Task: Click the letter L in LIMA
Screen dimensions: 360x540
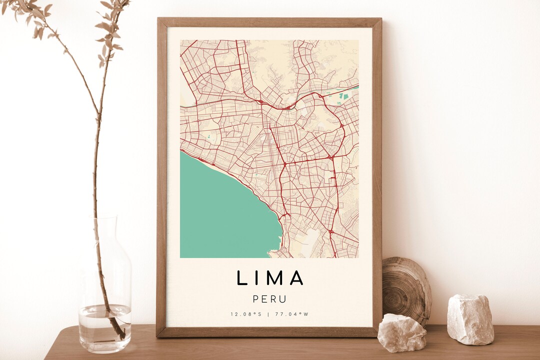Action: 241,278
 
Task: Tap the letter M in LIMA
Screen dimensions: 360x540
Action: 275,278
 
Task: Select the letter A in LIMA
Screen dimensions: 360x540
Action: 296,278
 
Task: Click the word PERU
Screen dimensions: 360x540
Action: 270,299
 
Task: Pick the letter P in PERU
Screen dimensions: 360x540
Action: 256,299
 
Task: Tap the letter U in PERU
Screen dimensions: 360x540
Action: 283,299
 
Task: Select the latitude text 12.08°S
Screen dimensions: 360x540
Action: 246,314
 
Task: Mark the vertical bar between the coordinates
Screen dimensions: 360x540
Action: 269,314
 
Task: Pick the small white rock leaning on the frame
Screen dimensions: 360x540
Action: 401,332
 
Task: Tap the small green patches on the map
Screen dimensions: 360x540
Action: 344,95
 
